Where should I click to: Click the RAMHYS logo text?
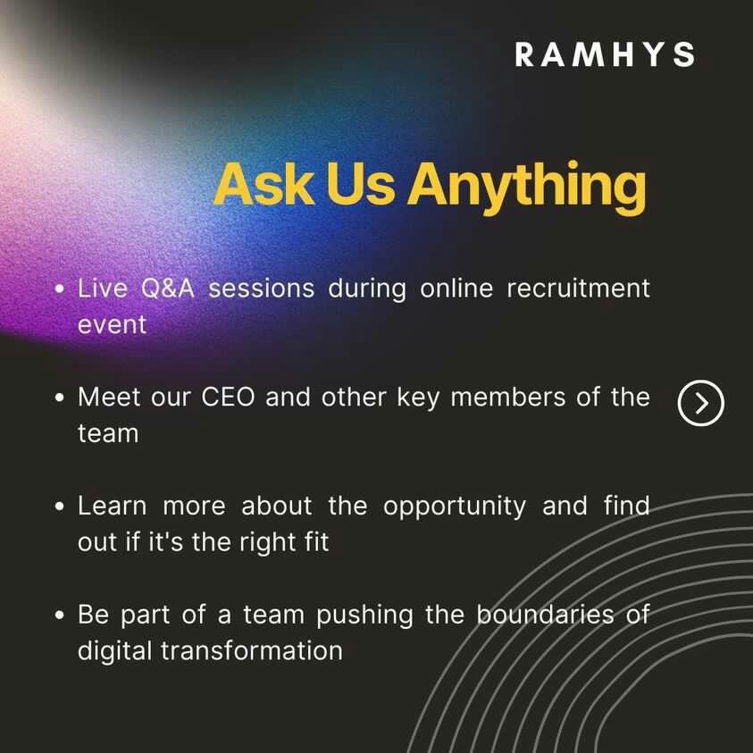tap(605, 54)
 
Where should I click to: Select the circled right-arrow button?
tap(700, 403)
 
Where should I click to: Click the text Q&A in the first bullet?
tap(168, 289)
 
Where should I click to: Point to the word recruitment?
tap(578, 289)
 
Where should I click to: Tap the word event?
tap(112, 325)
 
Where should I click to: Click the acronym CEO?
tap(228, 397)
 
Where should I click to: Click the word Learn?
tap(113, 506)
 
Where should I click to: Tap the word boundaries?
tap(545, 615)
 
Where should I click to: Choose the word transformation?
tap(252, 651)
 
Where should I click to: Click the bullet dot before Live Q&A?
tap(60, 289)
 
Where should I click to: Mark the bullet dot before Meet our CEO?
tap(60, 398)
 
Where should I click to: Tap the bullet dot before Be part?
tap(60, 615)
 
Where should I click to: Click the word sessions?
tap(261, 289)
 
